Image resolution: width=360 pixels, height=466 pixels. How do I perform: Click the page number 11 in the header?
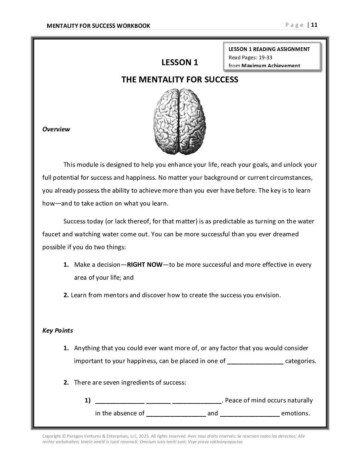[314, 25]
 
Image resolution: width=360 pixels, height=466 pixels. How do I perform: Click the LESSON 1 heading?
[180, 62]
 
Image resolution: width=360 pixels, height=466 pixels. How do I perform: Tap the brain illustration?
[179, 121]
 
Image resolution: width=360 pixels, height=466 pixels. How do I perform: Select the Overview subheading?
[56, 129]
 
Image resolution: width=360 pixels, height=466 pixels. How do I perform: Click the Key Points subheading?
[58, 330]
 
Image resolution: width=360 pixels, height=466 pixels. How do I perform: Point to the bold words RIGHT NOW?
[145, 264]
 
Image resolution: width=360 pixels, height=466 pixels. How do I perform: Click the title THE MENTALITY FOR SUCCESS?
[180, 79]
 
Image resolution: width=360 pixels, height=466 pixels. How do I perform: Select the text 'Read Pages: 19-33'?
[250, 57]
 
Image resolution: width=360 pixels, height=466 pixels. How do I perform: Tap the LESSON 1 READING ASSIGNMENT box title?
[269, 49]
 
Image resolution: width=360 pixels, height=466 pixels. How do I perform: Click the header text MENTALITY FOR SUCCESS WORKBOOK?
[98, 26]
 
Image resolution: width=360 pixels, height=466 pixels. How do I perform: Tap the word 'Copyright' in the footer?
[52, 436]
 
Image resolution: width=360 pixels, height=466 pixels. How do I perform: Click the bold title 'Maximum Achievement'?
[271, 66]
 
